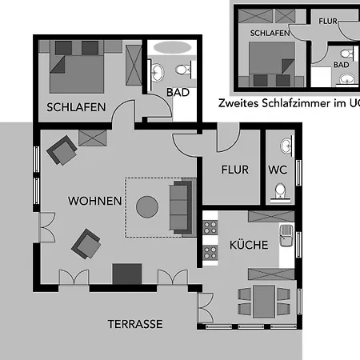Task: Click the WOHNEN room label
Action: point(94,201)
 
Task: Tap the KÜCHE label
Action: point(249,245)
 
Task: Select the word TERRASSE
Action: point(135,324)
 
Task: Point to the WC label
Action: point(278,170)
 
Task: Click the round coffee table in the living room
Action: point(147,207)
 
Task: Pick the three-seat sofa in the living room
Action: point(181,207)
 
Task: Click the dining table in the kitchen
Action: point(264,302)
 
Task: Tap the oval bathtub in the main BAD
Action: point(173,48)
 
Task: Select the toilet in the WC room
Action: point(280,192)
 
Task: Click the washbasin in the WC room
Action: point(286,146)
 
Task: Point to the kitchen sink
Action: point(286,235)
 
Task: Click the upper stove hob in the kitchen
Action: point(210,227)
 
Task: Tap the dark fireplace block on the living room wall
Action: point(127,274)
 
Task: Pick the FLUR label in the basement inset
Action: point(328,21)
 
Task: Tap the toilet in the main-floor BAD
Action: point(183,70)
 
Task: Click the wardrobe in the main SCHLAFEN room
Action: point(134,65)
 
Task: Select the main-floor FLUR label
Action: point(235,170)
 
